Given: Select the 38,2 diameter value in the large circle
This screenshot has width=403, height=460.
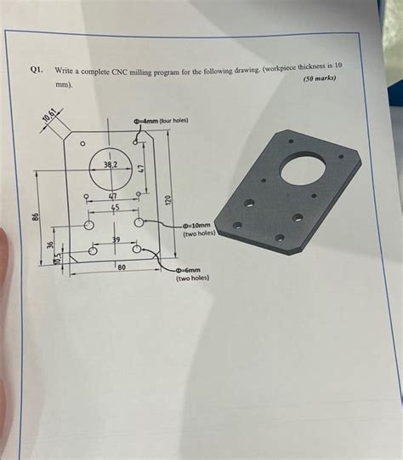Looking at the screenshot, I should click(111, 162).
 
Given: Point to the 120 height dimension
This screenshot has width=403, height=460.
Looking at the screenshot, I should click(168, 198).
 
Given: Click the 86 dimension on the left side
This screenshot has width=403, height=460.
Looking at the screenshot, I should click(36, 220).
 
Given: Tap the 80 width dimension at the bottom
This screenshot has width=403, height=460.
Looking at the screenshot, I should click(122, 267).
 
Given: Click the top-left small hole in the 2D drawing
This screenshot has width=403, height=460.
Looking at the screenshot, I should click(82, 146).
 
